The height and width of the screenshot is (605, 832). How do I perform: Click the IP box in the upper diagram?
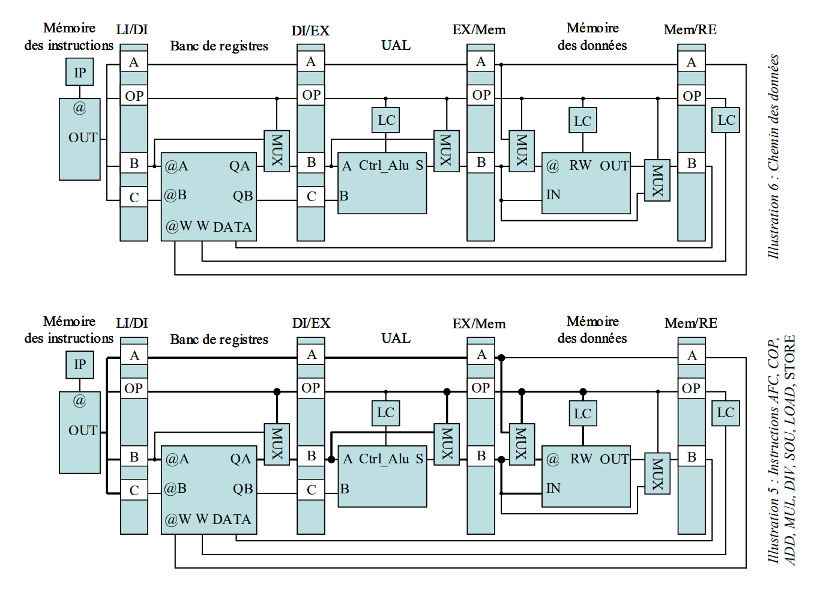(80, 73)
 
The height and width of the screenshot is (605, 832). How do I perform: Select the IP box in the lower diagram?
(80, 365)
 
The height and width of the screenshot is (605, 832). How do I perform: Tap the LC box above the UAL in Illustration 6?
(386, 121)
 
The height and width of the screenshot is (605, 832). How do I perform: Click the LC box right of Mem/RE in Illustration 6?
(726, 120)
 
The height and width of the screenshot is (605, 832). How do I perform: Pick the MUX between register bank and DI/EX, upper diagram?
(277, 151)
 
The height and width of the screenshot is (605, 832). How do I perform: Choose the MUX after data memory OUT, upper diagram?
(657, 180)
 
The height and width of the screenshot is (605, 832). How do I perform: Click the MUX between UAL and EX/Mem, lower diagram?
(447, 444)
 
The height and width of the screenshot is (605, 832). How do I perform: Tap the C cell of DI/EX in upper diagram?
(311, 196)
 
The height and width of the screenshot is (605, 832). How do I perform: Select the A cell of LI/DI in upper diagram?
(134, 62)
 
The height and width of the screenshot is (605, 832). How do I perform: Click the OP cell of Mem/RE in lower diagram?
(691, 388)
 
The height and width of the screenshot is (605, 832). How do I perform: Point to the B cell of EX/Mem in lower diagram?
(481, 456)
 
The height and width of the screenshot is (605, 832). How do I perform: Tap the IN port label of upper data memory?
(553, 195)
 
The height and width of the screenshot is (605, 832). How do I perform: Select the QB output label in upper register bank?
(243, 196)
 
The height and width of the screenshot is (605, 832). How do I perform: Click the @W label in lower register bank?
(178, 519)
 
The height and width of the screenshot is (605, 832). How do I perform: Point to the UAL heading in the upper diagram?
(396, 46)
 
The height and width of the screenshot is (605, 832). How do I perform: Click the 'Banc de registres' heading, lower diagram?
(219, 340)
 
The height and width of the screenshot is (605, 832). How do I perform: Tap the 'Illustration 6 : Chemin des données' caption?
(774, 156)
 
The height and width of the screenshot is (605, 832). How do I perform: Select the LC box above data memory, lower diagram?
(582, 414)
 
